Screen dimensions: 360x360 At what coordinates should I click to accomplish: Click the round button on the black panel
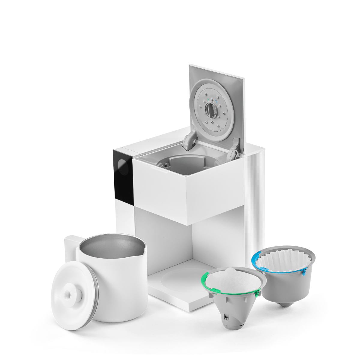pos(122,164)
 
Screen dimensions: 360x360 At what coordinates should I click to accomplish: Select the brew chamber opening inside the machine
pos(180,165)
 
